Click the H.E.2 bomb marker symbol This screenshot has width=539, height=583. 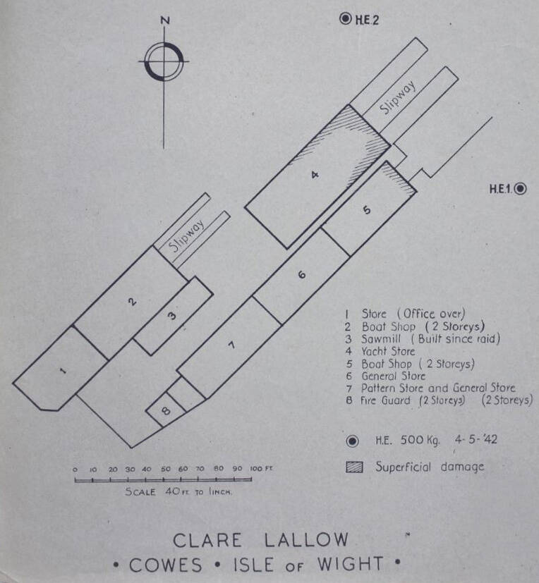(346, 19)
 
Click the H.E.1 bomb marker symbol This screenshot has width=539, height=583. (521, 188)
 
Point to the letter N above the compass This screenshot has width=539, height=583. (165, 20)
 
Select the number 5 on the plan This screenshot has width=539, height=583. (366, 209)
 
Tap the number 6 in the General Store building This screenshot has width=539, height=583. (302, 276)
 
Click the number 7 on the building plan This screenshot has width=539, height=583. (229, 345)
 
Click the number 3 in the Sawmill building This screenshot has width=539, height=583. (171, 316)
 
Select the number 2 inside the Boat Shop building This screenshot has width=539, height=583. (131, 301)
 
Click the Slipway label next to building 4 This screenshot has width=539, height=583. (397, 99)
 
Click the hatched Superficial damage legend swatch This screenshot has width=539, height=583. (354, 466)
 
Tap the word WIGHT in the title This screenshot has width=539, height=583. (350, 564)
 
